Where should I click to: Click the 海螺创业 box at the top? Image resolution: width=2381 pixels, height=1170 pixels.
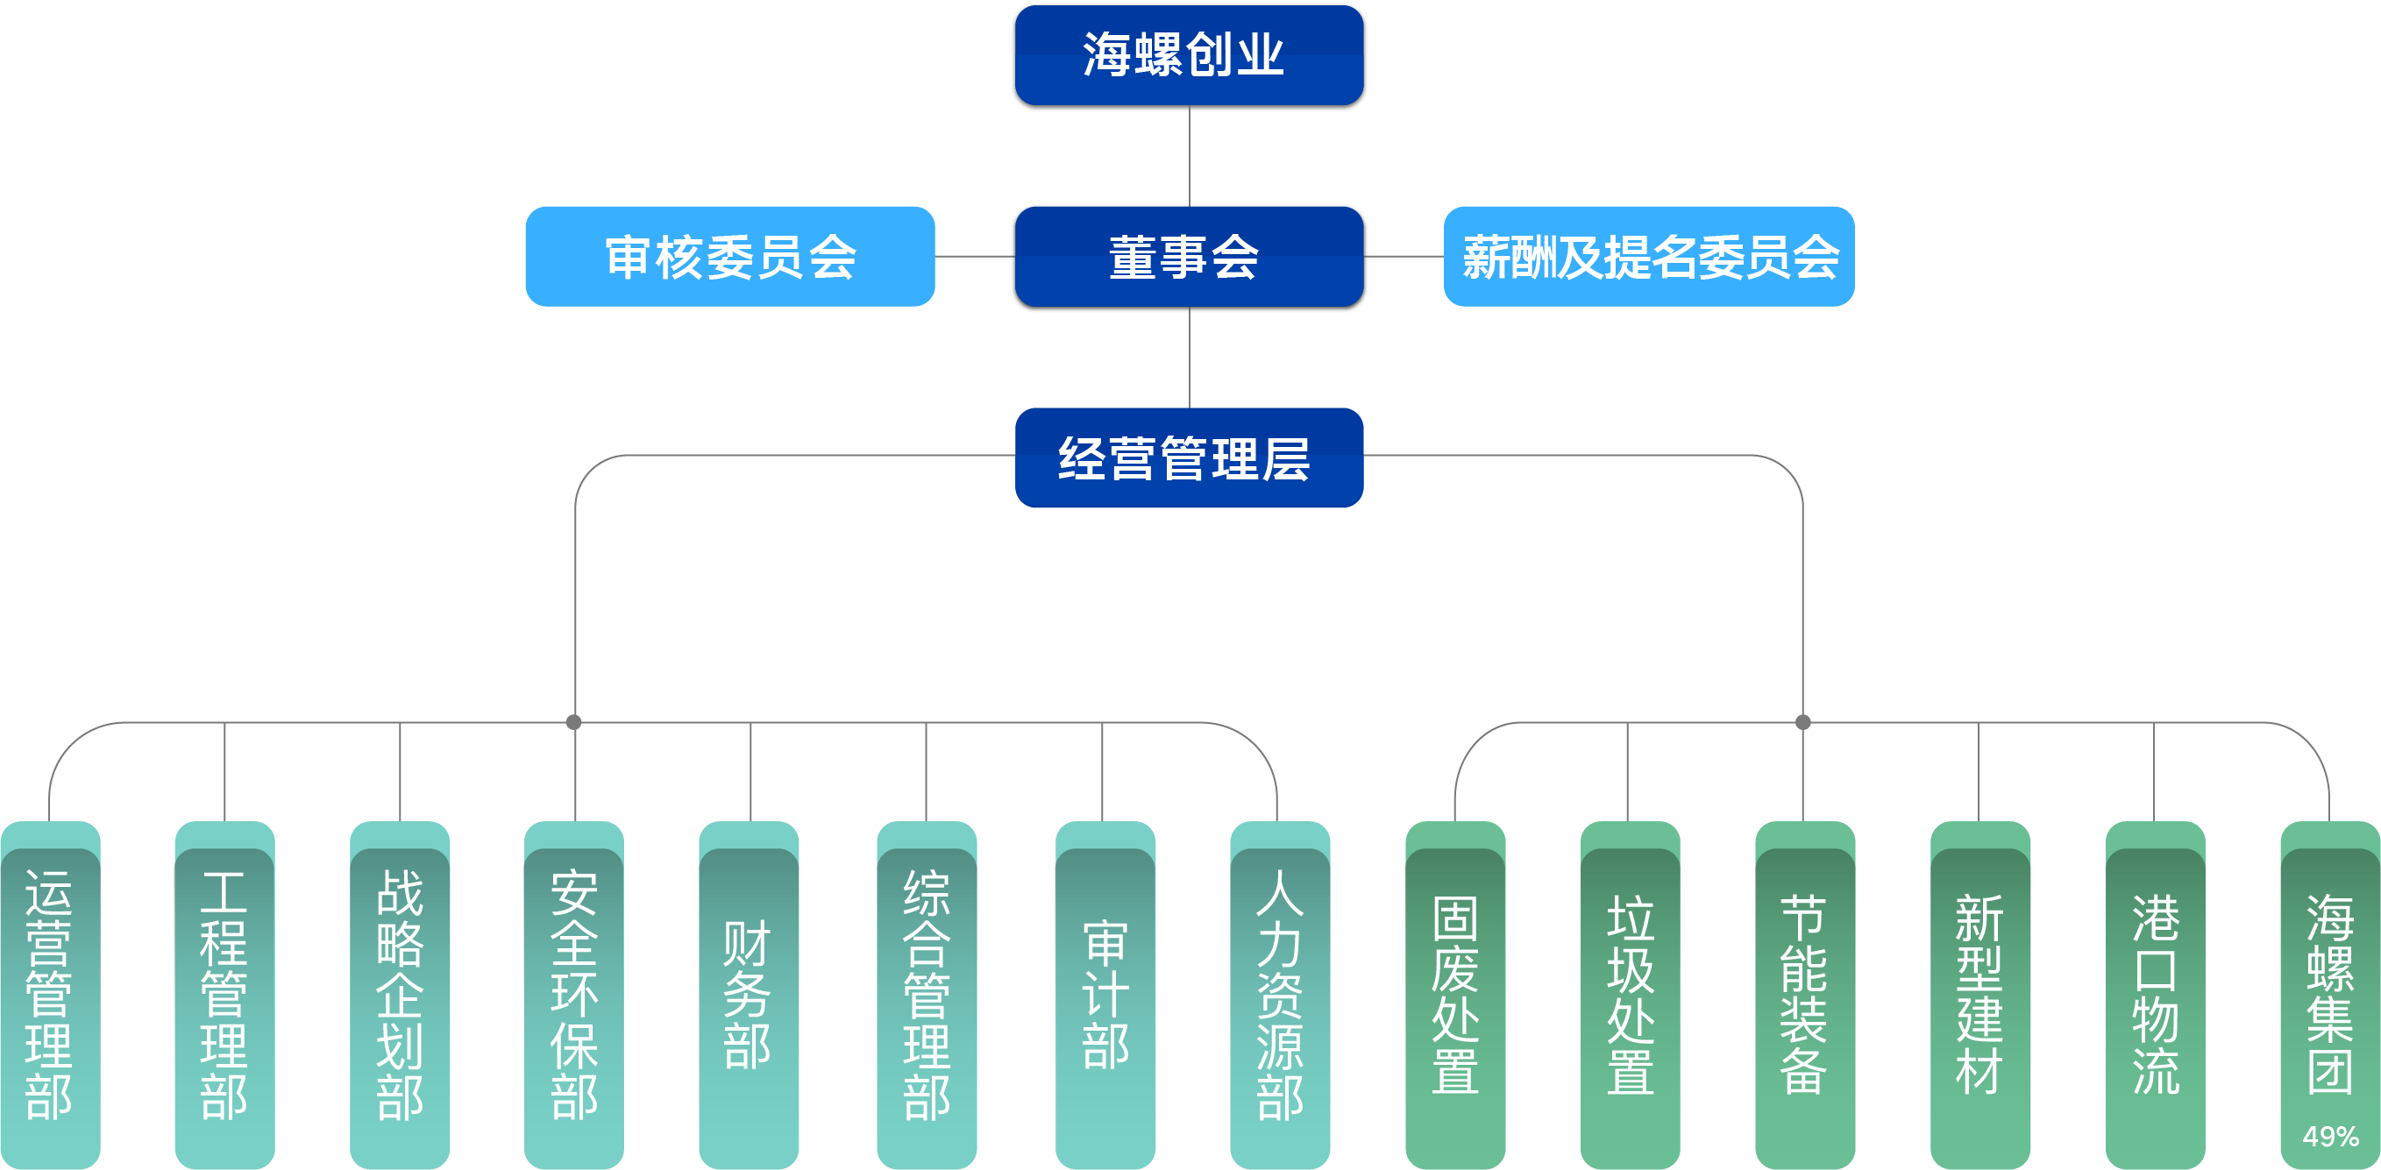[x=1189, y=56]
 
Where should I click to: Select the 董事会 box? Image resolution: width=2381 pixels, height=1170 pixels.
[x=1189, y=258]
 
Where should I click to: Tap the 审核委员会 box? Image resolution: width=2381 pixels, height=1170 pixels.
[x=729, y=257]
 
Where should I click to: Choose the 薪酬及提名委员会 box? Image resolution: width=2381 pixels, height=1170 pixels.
[x=1649, y=257]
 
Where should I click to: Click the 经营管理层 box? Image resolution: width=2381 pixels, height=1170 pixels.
[x=1189, y=458]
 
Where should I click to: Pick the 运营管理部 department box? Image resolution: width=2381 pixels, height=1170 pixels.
[x=50, y=996]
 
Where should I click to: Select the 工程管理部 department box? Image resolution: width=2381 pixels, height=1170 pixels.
[x=224, y=996]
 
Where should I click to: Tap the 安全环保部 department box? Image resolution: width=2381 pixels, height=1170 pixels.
[x=574, y=996]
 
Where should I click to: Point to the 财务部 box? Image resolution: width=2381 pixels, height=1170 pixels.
[x=749, y=996]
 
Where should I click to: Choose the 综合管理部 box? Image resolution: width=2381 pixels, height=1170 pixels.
[x=926, y=996]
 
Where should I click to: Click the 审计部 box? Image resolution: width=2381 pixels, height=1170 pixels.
[x=1105, y=996]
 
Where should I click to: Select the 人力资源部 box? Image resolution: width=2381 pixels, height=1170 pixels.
[x=1280, y=996]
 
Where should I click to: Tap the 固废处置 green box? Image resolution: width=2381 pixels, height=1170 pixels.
[x=1455, y=996]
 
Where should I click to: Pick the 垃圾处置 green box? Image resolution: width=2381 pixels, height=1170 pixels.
[x=1631, y=996]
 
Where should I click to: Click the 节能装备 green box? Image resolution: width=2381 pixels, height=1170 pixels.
[x=1805, y=996]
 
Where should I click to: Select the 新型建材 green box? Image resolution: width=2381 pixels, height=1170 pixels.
[x=1979, y=996]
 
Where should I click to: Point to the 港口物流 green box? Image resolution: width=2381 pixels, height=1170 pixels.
[x=2156, y=996]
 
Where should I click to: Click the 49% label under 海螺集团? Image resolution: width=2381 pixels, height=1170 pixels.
[x=2330, y=1137]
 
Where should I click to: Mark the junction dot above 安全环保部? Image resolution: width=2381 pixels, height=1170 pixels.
[x=574, y=722]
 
